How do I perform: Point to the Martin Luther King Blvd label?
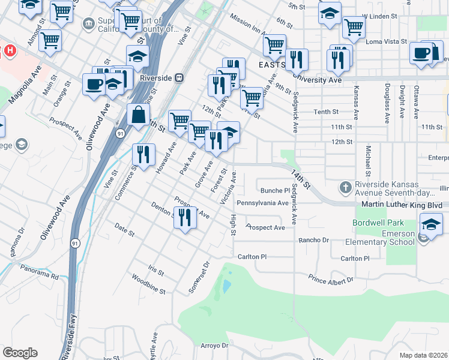click(x=402, y=205)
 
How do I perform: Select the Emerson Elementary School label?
click(x=380, y=238)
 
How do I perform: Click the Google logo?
click(x=19, y=352)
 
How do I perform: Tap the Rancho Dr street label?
click(x=315, y=240)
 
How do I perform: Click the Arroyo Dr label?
click(x=214, y=346)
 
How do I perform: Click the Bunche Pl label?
click(x=275, y=191)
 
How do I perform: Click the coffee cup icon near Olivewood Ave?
click(x=94, y=83)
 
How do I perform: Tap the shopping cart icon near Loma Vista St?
click(x=354, y=27)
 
